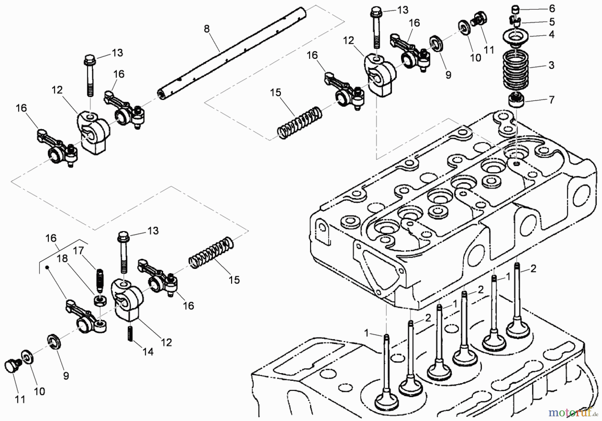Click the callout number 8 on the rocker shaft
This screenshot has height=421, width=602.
pos(207,29)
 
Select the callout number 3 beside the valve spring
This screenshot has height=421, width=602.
pos(551,65)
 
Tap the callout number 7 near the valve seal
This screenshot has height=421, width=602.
pos(551,100)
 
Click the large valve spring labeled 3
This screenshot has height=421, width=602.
pos(516,70)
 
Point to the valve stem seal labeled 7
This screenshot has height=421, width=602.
pos(516,100)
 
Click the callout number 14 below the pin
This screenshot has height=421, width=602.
pos(148,351)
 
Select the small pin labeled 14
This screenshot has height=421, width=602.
pos(130,334)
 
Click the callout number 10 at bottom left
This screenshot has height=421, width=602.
pos(39,391)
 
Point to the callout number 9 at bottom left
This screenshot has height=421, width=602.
pos(66,376)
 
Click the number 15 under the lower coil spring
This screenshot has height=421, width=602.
pos(234,280)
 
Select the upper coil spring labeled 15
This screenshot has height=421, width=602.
pos(300,122)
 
